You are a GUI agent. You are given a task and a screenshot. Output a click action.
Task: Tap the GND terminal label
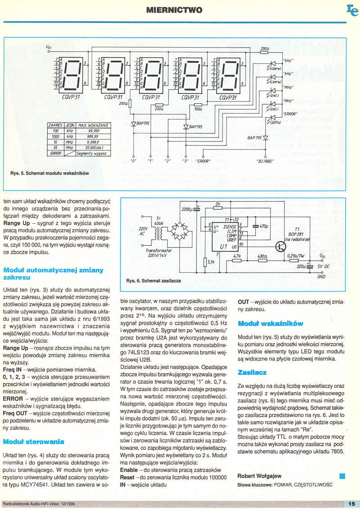point(333,277)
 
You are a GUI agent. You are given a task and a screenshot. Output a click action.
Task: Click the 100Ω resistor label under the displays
point(197,109)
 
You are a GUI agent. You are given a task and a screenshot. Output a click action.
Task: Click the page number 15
point(351,504)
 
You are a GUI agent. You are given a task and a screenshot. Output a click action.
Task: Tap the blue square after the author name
point(342,475)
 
